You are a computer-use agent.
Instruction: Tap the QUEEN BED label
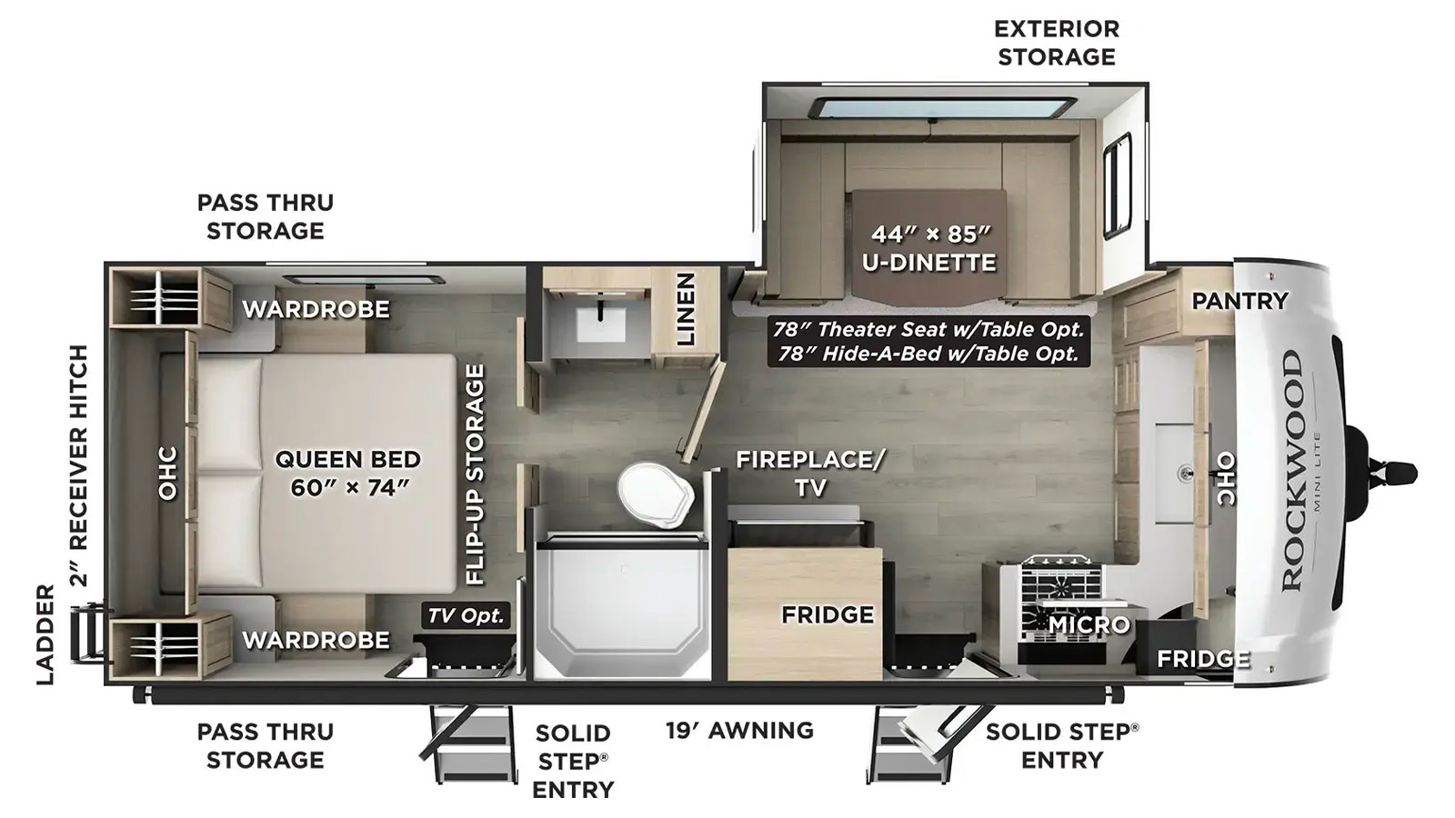[x=348, y=460]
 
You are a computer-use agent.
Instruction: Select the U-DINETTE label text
[x=929, y=263]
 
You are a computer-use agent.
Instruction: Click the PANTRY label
[x=1239, y=301]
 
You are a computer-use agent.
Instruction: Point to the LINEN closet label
[x=686, y=309]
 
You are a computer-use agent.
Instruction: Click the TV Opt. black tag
[x=466, y=614]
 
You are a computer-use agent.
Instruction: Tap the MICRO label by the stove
[x=1089, y=624]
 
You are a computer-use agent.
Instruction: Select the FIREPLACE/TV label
[x=810, y=474]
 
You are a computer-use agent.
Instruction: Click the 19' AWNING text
[x=739, y=731]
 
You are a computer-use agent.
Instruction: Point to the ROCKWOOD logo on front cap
[x=1292, y=471]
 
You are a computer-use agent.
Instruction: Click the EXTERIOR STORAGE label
[x=1057, y=43]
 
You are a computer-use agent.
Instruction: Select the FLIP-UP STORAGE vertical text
[x=475, y=474]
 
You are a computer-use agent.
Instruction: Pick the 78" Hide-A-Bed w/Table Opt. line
[x=928, y=354]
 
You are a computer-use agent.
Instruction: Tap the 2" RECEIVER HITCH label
[x=78, y=465]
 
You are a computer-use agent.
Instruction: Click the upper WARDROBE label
[x=316, y=309]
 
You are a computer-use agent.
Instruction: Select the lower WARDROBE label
[x=316, y=640]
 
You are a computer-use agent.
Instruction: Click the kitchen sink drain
[x=1186, y=474]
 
